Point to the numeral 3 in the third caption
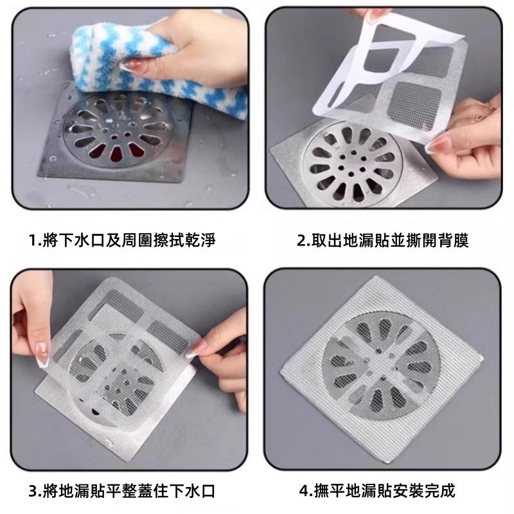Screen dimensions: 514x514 [33, 492]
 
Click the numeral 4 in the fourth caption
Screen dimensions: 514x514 [304, 492]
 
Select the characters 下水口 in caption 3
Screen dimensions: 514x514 [192, 492]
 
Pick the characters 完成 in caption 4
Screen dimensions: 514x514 [440, 492]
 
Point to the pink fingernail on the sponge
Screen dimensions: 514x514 [134, 66]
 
